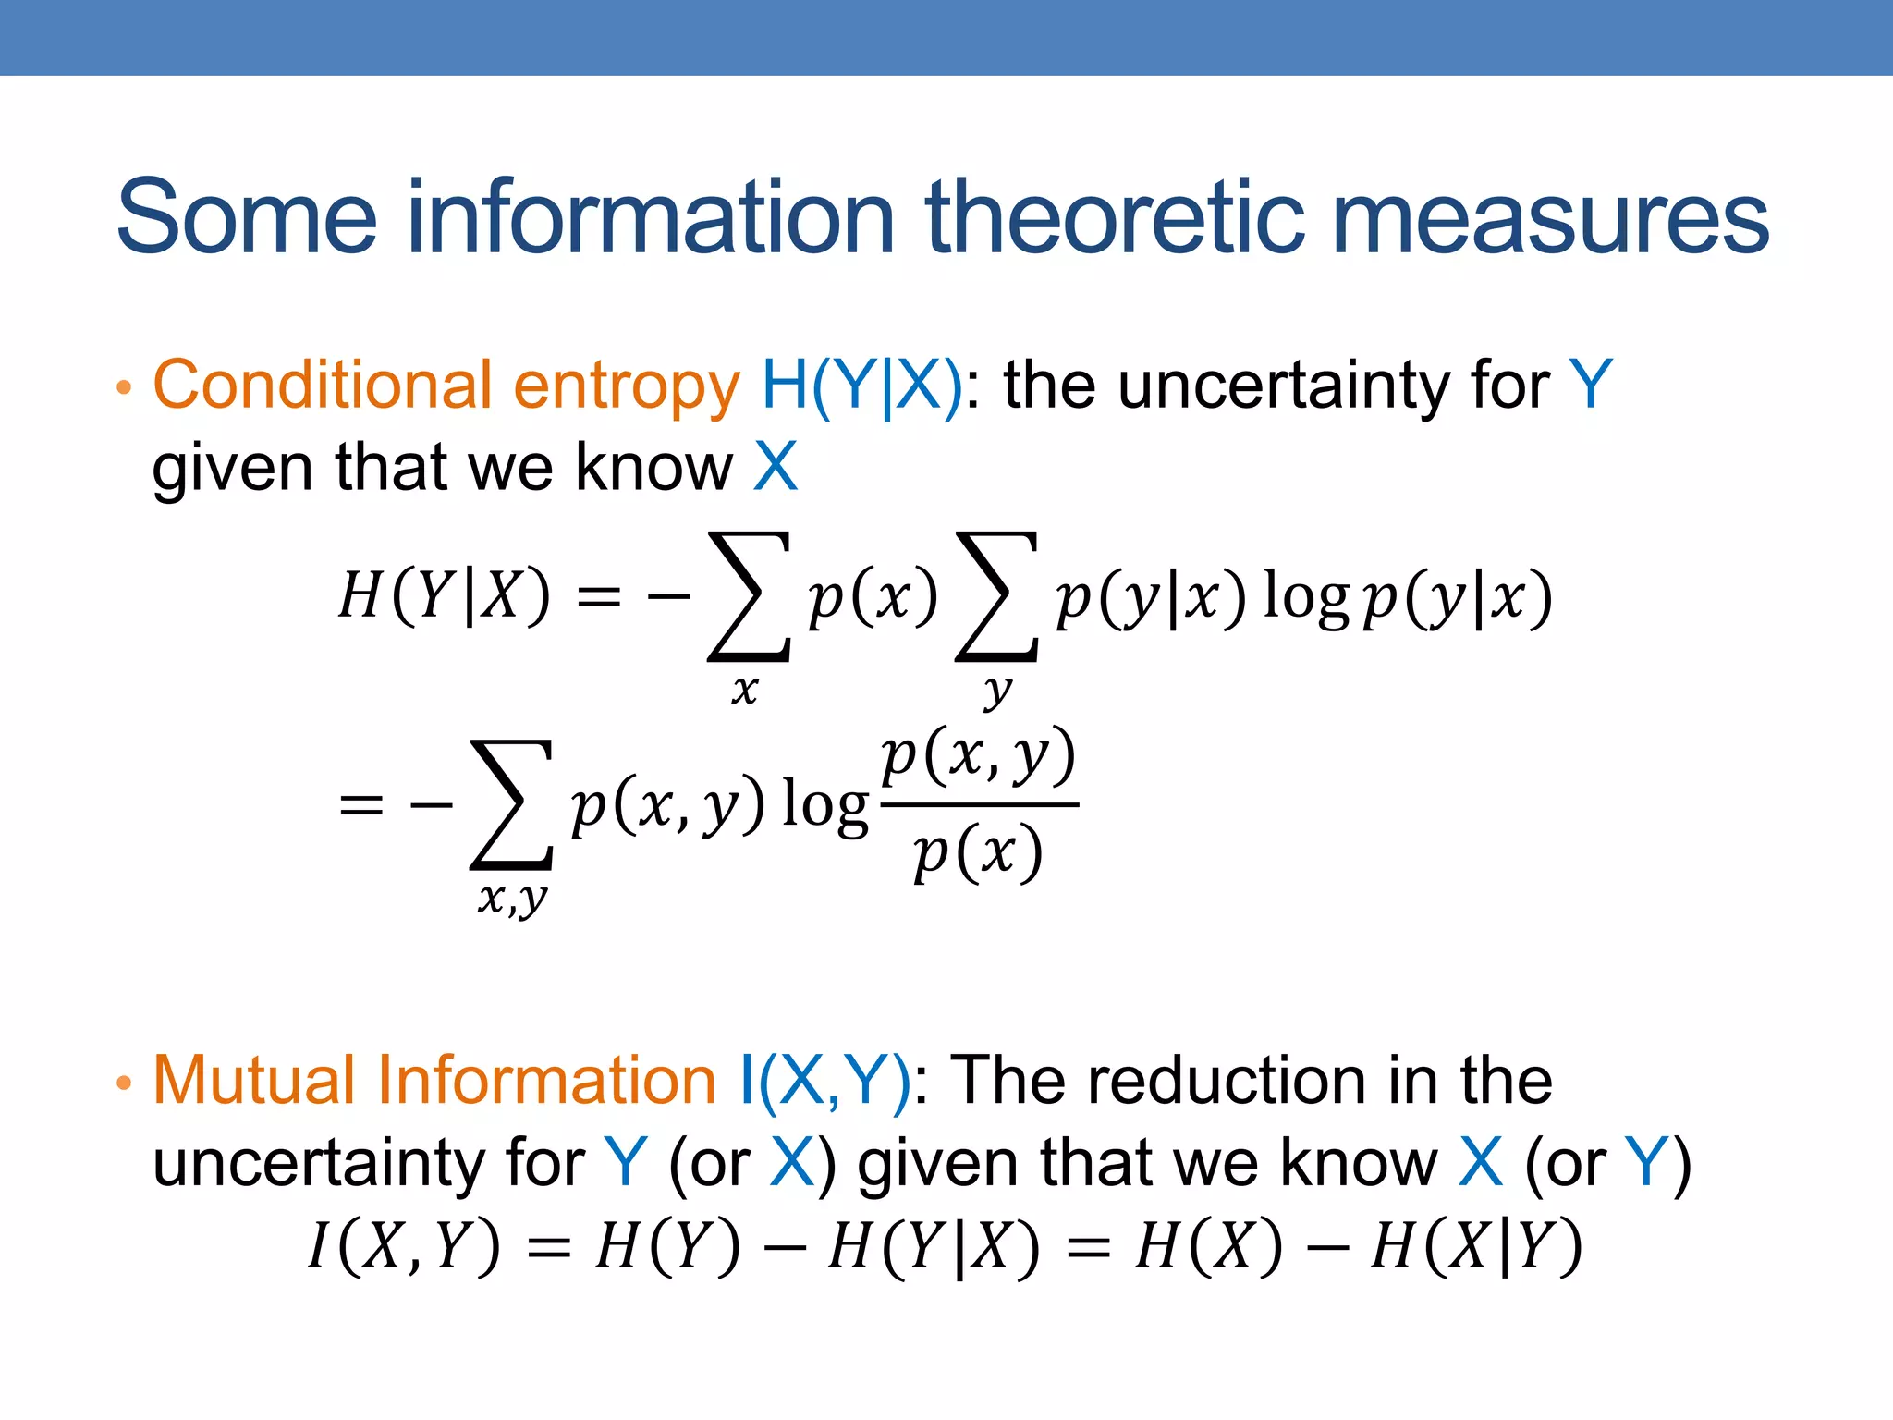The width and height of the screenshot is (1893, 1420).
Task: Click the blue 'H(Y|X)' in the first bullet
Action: click(861, 386)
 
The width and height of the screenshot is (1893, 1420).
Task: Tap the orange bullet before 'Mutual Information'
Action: click(125, 1083)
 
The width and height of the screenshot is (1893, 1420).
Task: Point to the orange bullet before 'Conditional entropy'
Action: click(125, 387)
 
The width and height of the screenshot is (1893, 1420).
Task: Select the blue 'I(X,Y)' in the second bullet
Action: click(825, 1081)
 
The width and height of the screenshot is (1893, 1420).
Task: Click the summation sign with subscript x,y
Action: click(511, 804)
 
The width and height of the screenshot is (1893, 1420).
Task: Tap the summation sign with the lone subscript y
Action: click(996, 596)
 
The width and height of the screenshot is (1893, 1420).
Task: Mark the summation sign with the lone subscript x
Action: click(749, 596)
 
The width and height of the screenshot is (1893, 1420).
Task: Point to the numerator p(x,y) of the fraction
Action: click(979, 756)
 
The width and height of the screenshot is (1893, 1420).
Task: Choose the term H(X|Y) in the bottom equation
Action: click(1476, 1246)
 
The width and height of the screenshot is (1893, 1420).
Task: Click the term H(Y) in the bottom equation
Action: click(668, 1246)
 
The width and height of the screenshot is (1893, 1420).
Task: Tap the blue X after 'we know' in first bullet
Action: click(775, 467)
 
